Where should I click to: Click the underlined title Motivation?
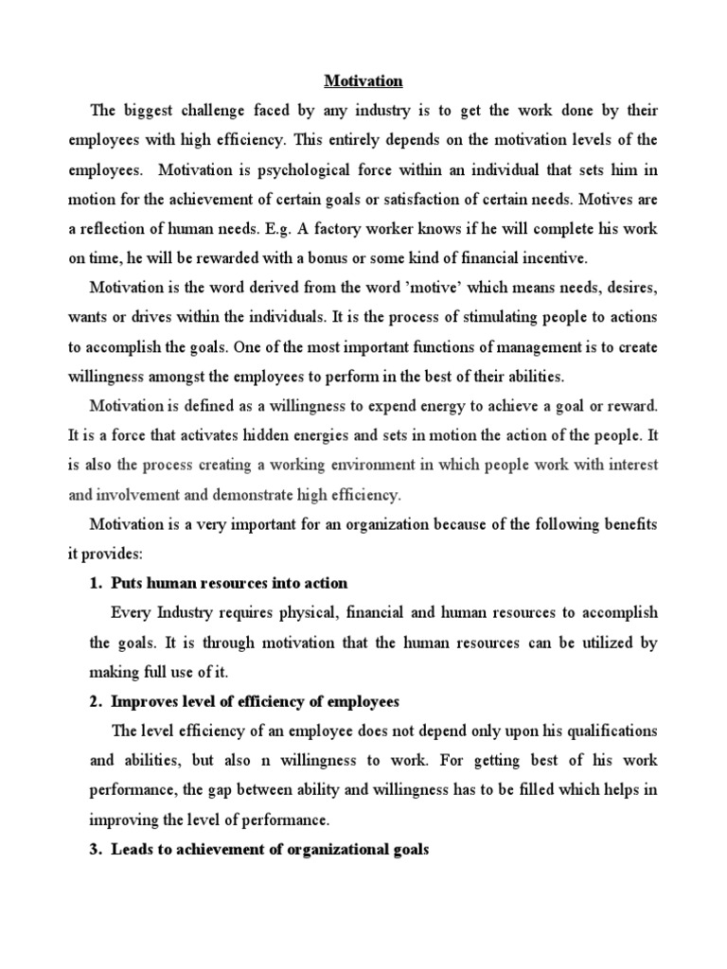(363, 81)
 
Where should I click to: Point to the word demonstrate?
(280, 494)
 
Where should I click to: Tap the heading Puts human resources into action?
(229, 583)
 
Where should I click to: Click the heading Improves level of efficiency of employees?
(256, 701)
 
